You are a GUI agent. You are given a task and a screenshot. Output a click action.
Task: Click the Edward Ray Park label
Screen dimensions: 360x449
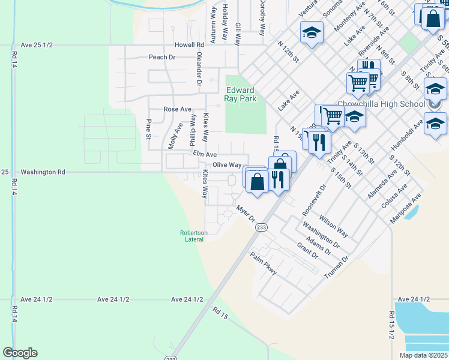[x=240, y=94]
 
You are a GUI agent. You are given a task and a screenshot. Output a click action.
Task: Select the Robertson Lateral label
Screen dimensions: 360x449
[x=194, y=236]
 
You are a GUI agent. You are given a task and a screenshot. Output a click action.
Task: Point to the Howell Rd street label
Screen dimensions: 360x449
[x=190, y=45]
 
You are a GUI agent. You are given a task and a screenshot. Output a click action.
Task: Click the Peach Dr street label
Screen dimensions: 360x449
[x=162, y=58]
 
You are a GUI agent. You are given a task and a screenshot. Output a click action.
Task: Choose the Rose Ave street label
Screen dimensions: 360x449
[x=177, y=110]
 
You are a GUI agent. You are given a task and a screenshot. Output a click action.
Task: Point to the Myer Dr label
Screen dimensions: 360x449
[x=246, y=214]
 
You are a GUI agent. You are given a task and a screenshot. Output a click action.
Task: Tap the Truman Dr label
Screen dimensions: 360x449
[x=336, y=268]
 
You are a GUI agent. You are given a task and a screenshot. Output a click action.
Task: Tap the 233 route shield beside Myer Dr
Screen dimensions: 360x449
[x=261, y=228]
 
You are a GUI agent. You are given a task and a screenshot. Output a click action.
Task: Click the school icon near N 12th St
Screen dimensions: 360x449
[x=312, y=34]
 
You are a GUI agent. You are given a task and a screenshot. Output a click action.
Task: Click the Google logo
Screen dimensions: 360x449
[x=20, y=353]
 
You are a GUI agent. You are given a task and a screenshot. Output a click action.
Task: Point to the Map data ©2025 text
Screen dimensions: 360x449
[x=423, y=355]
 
